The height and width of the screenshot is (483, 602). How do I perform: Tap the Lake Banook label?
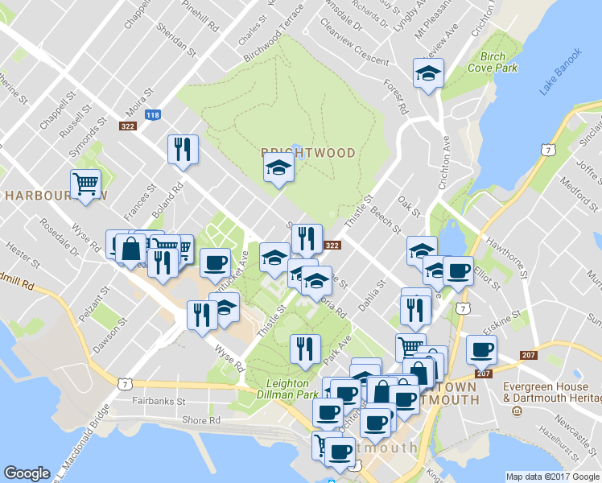click(560, 73)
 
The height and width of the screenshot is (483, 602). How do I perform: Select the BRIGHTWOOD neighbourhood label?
click(297, 153)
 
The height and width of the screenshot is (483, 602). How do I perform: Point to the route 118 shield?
click(152, 115)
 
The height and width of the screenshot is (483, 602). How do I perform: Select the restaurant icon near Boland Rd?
click(183, 150)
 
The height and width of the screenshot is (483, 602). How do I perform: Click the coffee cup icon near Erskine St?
click(482, 349)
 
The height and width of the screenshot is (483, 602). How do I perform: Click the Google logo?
click(27, 473)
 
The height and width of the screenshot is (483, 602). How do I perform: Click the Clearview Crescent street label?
click(354, 49)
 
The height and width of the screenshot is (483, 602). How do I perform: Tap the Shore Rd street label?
click(201, 420)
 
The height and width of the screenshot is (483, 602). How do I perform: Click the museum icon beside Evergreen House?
click(516, 411)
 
